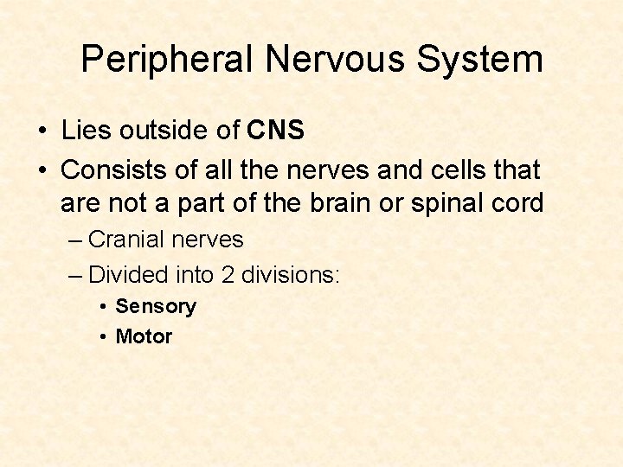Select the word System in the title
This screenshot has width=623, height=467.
coord(481,60)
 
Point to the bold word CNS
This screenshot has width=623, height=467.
coord(276,131)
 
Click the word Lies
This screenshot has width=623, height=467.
coord(85,131)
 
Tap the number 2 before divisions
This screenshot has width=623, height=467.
coord(228,275)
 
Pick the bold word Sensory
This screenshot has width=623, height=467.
coord(156,306)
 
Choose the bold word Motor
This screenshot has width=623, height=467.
coord(144,336)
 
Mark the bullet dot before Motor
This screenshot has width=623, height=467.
coord(103,337)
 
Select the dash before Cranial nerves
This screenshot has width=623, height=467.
coord(75,240)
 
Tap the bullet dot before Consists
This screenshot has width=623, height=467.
coord(42,170)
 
